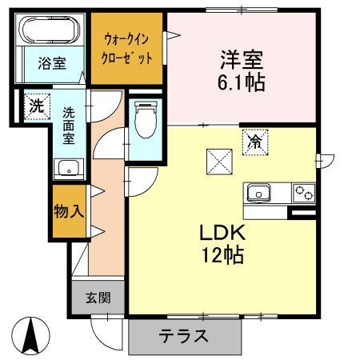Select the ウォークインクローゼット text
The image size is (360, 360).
click(128, 48)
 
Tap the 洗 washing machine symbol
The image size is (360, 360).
click(35, 105)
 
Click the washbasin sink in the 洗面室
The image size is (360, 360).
click(67, 168)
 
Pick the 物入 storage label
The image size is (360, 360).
click(69, 212)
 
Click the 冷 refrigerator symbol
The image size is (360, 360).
click(254, 142)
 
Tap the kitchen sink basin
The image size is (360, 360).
click(259, 193)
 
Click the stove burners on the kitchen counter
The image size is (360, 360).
click(304, 193)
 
